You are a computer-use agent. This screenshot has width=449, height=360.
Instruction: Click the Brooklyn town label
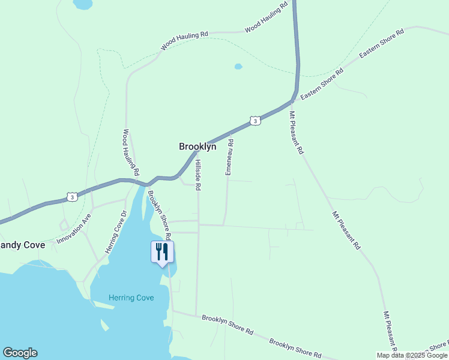(197, 146)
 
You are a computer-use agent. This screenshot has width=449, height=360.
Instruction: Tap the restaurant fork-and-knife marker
(161, 252)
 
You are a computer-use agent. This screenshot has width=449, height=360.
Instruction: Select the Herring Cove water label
(131, 298)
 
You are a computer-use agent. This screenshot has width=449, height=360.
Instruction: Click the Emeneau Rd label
(229, 157)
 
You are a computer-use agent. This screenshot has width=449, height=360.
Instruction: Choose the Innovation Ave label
(73, 229)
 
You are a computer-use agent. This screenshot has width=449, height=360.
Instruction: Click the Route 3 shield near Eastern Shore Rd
(256, 121)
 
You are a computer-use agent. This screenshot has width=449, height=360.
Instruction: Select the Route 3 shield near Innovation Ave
(72, 197)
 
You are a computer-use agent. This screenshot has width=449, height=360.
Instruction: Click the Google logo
(20, 353)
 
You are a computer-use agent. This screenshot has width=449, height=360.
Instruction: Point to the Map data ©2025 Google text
(412, 355)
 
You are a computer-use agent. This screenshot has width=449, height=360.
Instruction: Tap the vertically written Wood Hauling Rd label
(131, 152)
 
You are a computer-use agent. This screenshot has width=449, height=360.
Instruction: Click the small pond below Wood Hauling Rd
(238, 66)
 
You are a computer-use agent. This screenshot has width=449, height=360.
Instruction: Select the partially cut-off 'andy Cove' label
(22, 245)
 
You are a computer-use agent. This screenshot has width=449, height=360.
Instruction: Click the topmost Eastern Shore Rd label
(382, 43)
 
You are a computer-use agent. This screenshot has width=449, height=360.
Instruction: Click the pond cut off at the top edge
(83, 4)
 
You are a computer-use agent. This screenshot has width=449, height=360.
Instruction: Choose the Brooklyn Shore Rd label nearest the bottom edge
(295, 347)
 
